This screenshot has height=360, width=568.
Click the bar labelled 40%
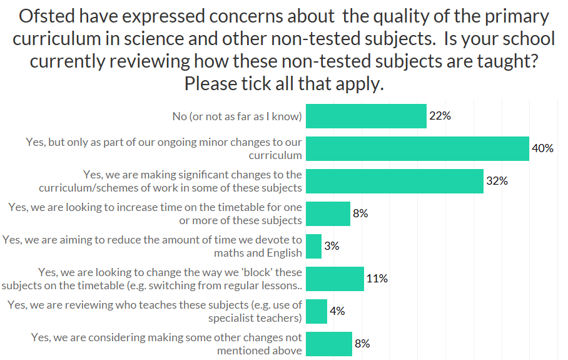[417, 148]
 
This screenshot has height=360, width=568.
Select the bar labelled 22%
[366, 116]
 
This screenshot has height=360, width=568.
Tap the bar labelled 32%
[394, 181]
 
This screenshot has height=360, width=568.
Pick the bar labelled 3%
[313, 246]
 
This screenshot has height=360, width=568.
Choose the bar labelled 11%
[335, 279]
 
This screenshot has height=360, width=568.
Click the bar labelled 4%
[317, 311]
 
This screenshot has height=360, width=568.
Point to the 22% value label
[440, 116]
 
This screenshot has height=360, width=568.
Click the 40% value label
[542, 148]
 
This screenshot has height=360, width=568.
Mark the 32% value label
[497, 181]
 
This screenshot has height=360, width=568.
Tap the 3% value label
[332, 246]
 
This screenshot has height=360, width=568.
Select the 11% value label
[377, 279]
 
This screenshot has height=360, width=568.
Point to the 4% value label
[337, 311]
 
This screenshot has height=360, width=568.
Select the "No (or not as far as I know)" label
[237, 116]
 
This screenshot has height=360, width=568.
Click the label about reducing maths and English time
[153, 246]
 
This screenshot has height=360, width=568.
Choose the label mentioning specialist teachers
[155, 311]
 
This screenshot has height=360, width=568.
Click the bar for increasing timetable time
[328, 213]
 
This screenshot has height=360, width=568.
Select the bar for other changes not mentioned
[329, 344]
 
